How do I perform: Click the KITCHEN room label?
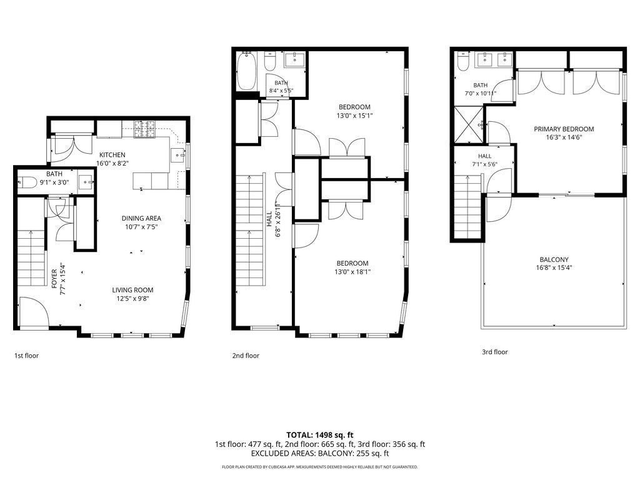(112, 155)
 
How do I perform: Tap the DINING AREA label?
(141, 218)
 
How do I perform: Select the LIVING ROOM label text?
(132, 290)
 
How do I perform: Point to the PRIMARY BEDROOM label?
(564, 129)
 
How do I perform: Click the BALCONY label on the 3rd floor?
(554, 259)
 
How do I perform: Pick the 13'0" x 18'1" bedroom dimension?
(352, 272)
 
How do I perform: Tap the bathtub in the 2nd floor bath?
(246, 71)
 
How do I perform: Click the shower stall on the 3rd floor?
(469, 125)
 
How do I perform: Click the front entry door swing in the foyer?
(34, 312)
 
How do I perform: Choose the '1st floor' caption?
(26, 356)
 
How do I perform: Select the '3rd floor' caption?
(495, 352)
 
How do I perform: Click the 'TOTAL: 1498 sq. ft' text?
(319, 435)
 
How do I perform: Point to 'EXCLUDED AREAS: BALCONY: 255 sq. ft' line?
(320, 454)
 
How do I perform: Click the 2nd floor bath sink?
(294, 59)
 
